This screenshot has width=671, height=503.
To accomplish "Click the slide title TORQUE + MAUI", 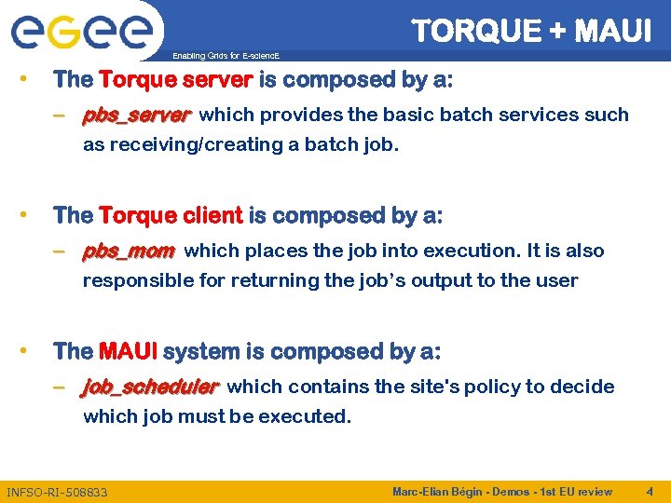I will click(531, 31).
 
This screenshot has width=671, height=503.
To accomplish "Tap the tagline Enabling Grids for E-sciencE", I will click(226, 56).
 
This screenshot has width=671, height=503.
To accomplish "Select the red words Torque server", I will click(175, 80).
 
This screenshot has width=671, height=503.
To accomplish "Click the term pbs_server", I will click(136, 116).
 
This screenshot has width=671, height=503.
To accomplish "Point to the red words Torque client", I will click(171, 216).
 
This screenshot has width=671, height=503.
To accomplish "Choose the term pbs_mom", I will click(129, 251).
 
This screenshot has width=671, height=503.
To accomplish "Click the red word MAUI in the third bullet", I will click(128, 352).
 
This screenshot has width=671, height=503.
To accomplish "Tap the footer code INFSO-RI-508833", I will click(57, 492).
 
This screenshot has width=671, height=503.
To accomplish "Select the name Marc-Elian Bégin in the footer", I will click(434, 491).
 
